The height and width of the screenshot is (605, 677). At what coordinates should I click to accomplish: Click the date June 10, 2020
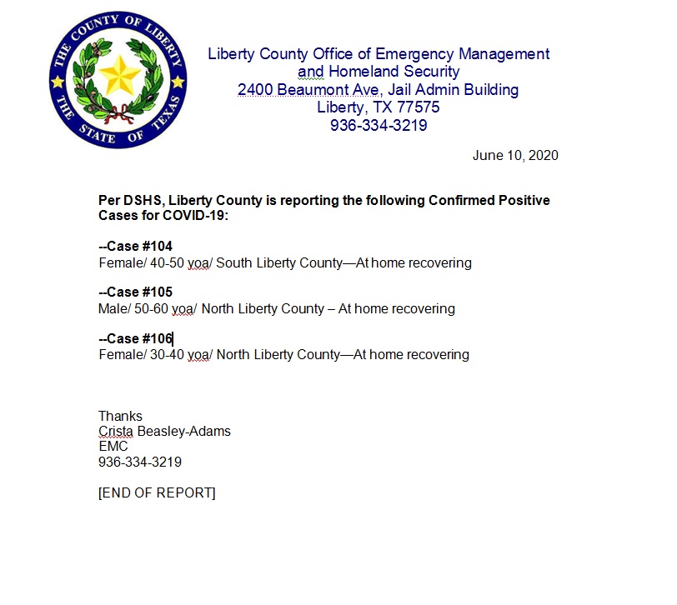pos(514,155)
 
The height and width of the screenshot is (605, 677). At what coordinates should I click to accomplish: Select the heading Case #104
pos(135,247)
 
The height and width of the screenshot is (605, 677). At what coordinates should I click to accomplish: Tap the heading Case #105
pos(135,292)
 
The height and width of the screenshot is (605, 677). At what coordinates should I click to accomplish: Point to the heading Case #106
pos(135,338)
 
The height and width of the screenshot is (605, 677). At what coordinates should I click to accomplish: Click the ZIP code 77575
pos(416,107)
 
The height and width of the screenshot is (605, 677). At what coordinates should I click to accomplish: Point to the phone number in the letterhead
pos(379,126)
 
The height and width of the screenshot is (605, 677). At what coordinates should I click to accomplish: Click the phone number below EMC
pos(139,462)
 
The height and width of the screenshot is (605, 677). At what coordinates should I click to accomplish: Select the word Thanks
pos(120,416)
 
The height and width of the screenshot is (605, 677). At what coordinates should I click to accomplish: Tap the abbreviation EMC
pos(113,446)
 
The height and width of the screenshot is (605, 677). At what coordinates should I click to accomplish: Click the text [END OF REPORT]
pos(157,492)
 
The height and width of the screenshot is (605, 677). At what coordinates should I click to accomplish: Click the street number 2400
pos(254,90)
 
